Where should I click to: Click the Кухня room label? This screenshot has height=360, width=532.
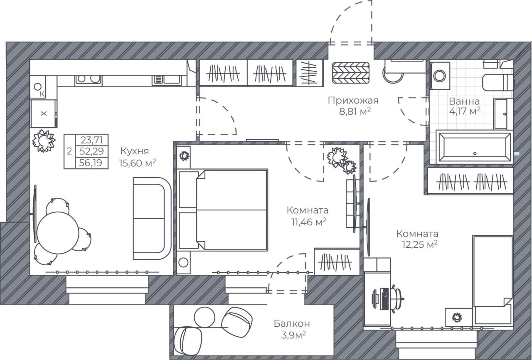pos(135,151)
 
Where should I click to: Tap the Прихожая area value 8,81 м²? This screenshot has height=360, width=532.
pos(355,111)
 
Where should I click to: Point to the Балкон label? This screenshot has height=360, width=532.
pos(292,323)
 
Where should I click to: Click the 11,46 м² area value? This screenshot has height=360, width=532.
pos(309,222)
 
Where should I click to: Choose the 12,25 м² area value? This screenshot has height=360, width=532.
pos(420,244)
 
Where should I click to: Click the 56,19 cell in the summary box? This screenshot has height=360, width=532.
pos(91,163)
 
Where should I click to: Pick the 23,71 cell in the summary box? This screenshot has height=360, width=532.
pos(91,140)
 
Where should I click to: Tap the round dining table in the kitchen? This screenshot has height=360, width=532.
pos(58,233)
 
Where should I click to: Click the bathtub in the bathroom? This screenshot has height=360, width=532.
pos(475,147)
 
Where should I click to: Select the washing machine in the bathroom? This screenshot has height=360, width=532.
pos(440,76)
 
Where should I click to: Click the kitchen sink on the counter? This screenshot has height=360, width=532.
pos(167,80)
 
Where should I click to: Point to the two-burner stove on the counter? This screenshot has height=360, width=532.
pos(89,80)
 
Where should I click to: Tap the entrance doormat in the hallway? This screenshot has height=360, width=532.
pos(351,73)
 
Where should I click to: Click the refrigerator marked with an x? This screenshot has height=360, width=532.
pos(44,113)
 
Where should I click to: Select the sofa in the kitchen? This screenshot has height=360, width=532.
pos(152,219)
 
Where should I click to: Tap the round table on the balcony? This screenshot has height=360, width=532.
pos(204,317)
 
